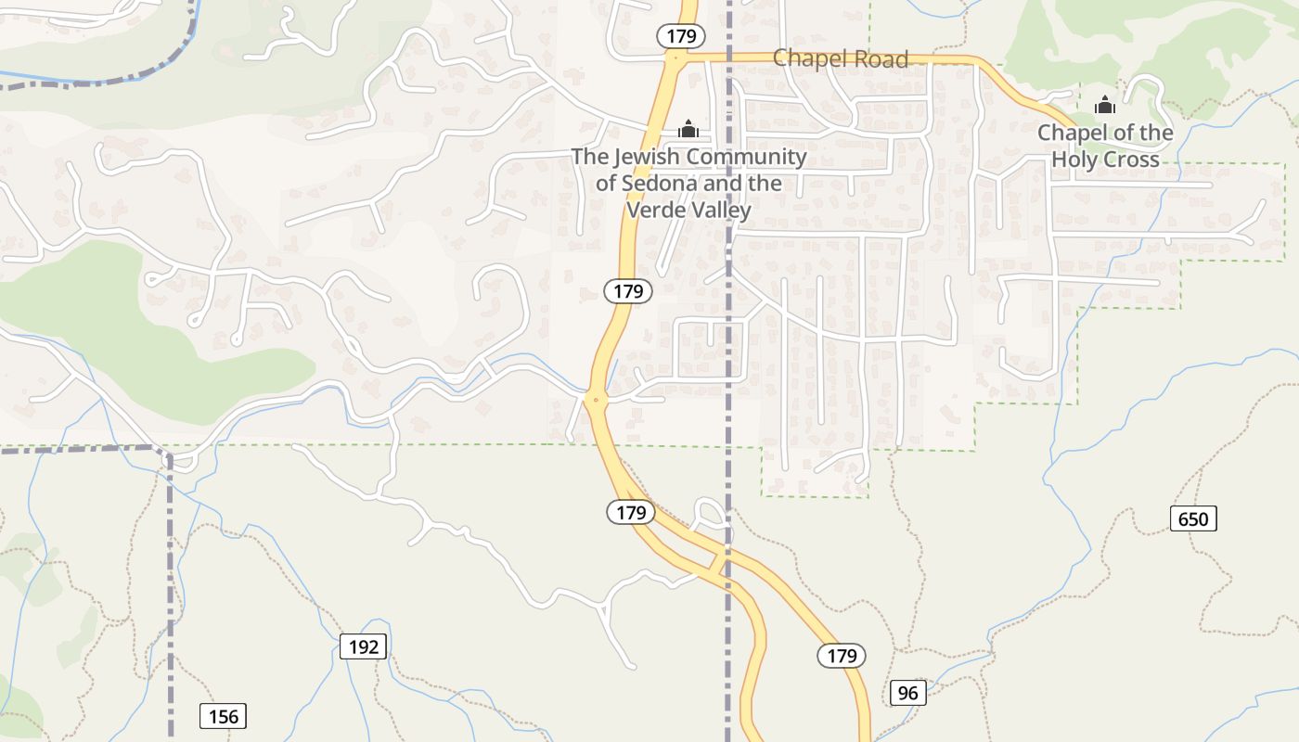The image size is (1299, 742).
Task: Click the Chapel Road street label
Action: coord(840,58)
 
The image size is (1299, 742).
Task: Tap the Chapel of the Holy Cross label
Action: coord(1105,146)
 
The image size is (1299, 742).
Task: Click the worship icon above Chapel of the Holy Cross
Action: coord(1104,106)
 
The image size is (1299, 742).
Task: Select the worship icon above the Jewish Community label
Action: coord(688,129)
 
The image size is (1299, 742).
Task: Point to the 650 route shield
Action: coord(1192,518)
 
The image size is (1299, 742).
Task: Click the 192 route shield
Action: coord(363,646)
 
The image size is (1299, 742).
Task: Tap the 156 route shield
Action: coord(224,716)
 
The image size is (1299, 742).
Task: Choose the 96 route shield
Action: coord(907,692)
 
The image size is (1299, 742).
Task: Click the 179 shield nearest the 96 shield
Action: coord(842,656)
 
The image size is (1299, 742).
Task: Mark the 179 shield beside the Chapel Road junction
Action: coord(681,36)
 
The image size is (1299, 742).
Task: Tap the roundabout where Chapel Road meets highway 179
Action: coord(675,57)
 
